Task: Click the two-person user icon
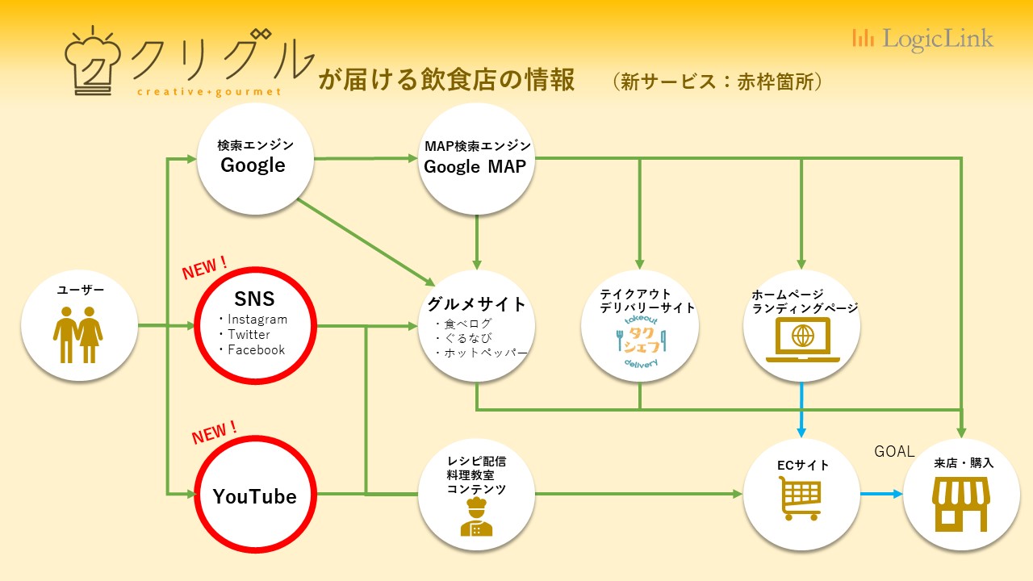pos(78,335)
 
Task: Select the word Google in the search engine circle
pos(253,165)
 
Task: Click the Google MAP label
pos(475,167)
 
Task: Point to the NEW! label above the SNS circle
pos(204,268)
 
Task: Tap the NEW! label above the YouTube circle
pos(214,433)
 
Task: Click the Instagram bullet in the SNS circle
pos(253,319)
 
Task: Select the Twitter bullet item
pos(245,334)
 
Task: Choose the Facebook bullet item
pos(252,350)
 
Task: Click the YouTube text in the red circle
pos(254,496)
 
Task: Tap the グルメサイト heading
pos(477,304)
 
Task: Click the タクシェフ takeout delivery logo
pos(641,341)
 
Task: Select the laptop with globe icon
pos(803,340)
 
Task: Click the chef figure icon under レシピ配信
pos(476,516)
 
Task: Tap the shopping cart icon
pos(800,499)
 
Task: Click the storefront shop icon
pos(961,504)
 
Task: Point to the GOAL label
pos(894,451)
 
